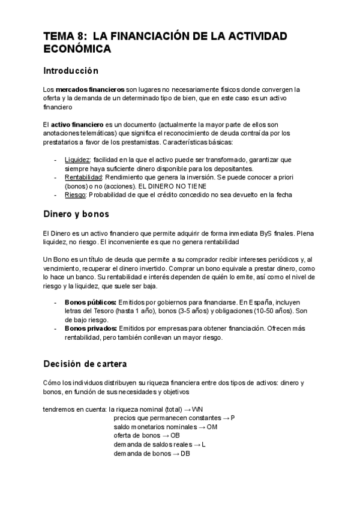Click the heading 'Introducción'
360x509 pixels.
(70, 71)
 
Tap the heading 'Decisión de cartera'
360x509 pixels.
(85, 364)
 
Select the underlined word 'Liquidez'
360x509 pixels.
(77, 160)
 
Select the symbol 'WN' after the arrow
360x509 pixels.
(198, 409)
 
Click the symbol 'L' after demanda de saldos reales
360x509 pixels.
(204, 444)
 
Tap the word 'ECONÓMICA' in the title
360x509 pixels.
(77, 50)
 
